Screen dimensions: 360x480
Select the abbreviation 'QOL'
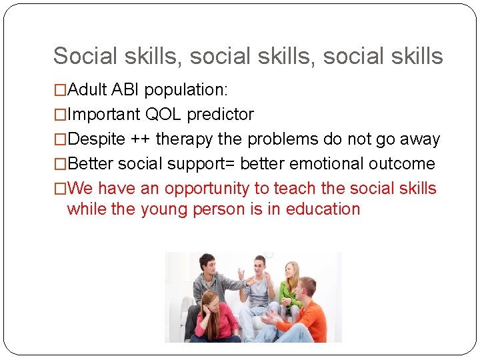point(164,115)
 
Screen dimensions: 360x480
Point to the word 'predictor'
point(220,115)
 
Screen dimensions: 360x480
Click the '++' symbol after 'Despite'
point(137,139)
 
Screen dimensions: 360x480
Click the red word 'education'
point(323,209)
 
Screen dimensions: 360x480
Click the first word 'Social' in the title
point(84,56)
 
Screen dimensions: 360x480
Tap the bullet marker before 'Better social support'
point(60,164)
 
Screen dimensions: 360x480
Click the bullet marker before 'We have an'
point(60,189)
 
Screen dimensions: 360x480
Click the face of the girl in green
point(291,271)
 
